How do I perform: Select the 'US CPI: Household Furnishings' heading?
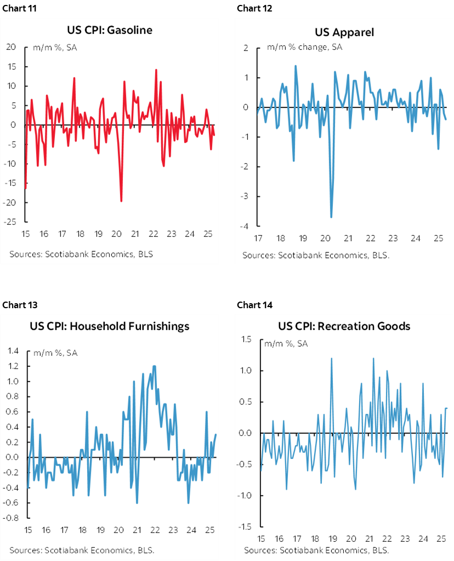click(110, 326)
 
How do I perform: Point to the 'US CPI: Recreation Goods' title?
click(344, 326)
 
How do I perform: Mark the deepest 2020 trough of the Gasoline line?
click(121, 201)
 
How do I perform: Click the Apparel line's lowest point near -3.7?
click(331, 217)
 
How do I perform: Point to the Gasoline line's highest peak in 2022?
click(156, 70)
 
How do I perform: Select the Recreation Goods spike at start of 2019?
click(332, 359)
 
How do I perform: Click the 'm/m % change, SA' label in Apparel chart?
click(305, 47)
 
